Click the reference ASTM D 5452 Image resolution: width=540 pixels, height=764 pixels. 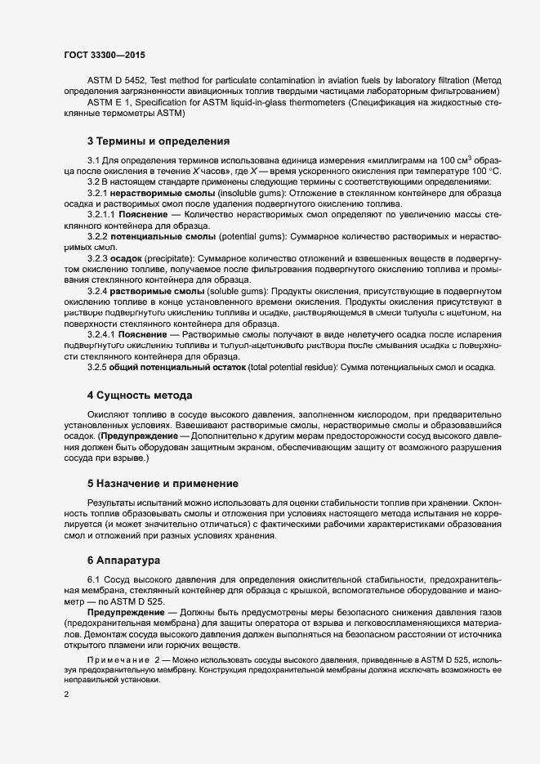click(118, 80)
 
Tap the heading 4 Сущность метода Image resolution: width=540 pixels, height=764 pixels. click(139, 395)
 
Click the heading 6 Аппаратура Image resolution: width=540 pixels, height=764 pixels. click(124, 561)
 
